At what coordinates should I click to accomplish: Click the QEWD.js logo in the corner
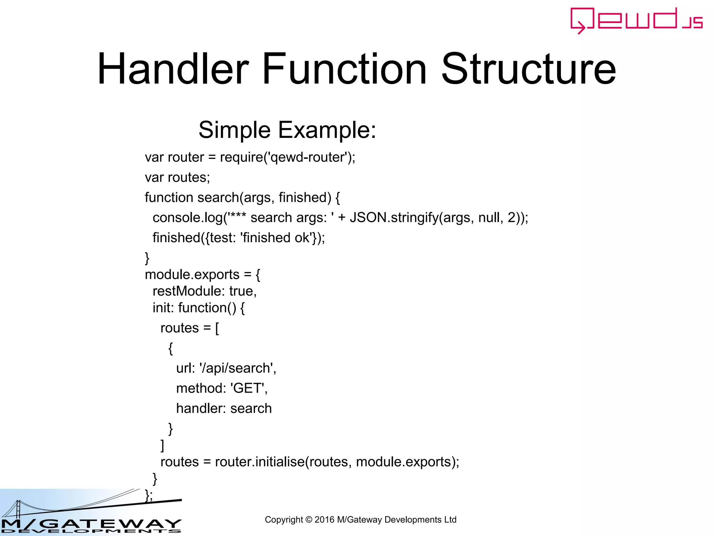(636, 20)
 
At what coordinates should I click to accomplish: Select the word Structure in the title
(529, 69)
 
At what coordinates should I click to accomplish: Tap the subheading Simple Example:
(287, 130)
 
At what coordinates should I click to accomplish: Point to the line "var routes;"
(177, 178)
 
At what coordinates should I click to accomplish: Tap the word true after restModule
(242, 291)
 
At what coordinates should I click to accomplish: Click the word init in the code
(163, 308)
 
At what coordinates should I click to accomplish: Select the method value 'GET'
(248, 388)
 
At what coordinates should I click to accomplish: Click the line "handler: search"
(224, 409)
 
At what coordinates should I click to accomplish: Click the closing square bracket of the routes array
(162, 446)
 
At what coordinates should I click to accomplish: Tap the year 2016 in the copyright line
(324, 520)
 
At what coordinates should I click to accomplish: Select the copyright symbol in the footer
(309, 520)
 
